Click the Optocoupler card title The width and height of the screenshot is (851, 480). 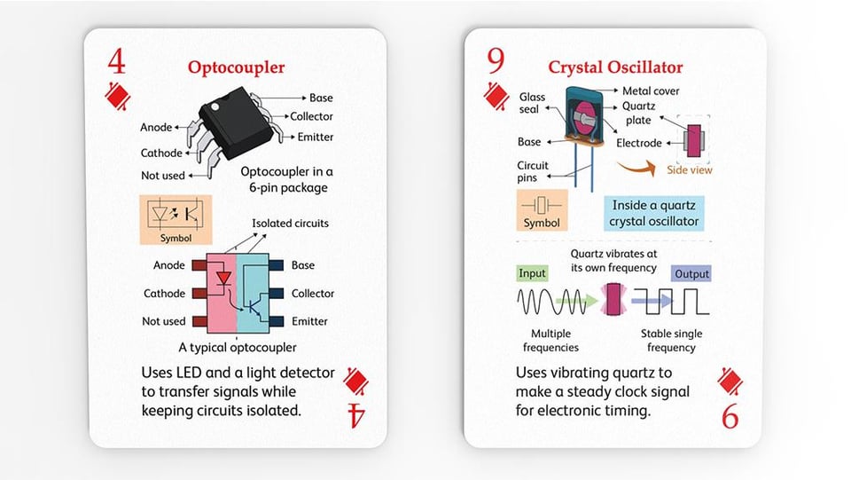[236, 67]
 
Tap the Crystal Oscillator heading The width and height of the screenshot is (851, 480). [615, 67]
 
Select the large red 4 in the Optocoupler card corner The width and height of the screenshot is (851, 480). [116, 61]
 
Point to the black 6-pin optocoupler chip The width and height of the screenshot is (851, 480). [236, 122]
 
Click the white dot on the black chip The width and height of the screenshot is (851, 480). [215, 107]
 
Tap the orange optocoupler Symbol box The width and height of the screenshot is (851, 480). [176, 220]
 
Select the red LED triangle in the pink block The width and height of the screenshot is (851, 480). [223, 279]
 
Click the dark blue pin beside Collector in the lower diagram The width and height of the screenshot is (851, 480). [277, 293]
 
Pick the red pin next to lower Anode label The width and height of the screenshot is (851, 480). [199, 265]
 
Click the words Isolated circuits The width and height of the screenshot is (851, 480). [290, 224]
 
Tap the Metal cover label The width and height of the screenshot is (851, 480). [651, 90]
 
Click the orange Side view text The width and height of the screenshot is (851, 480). [690, 170]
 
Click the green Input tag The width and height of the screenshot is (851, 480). [532, 273]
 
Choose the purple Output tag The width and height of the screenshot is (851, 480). [691, 273]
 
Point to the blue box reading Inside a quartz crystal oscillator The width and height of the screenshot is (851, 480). [654, 214]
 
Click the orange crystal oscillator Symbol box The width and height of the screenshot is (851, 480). [542, 210]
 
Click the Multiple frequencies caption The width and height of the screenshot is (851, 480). [550, 341]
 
